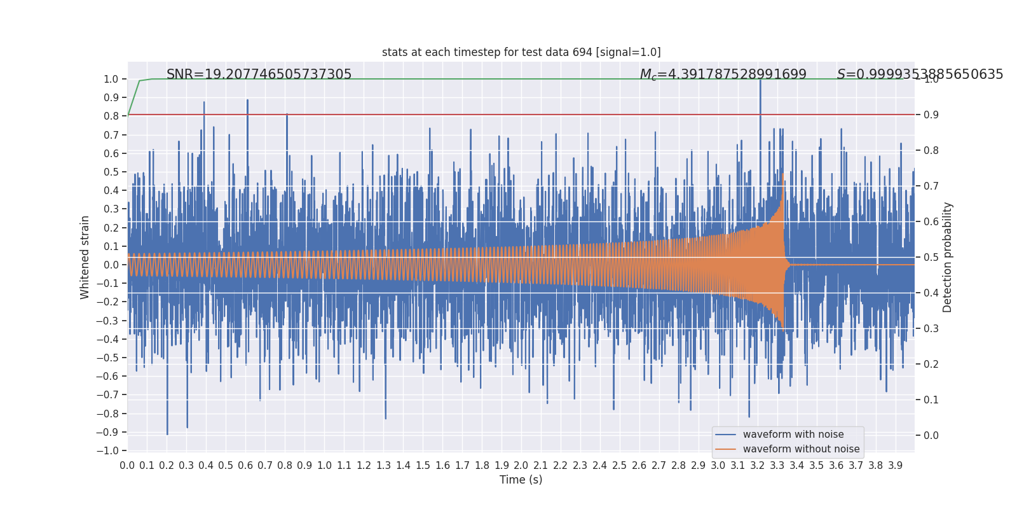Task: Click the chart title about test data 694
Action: (521, 52)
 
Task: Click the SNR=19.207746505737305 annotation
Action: (259, 74)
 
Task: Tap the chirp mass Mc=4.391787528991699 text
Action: (723, 74)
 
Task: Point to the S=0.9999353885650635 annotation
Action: (920, 74)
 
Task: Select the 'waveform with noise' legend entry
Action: (793, 435)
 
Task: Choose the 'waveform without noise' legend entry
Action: (800, 449)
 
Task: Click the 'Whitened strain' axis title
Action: (85, 257)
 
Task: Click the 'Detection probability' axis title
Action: (948, 257)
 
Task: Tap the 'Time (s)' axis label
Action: (521, 480)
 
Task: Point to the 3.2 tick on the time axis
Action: (757, 466)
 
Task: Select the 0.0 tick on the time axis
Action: (127, 466)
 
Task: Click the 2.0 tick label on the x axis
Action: (521, 466)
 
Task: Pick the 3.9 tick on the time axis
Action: (895, 466)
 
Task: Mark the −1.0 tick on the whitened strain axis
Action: (107, 450)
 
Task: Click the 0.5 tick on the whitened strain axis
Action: (111, 172)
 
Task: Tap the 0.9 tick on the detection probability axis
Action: (931, 115)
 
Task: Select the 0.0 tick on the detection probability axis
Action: (931, 436)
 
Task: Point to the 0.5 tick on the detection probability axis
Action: (931, 258)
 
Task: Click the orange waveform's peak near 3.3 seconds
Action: (783, 174)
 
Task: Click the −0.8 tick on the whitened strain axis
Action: (107, 414)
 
